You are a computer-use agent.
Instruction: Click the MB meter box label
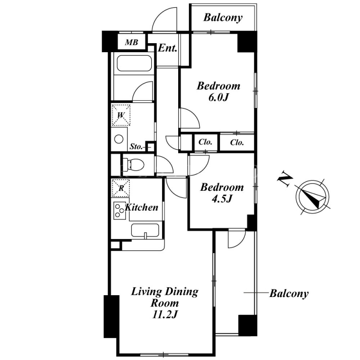pyautogui.click(x=131, y=42)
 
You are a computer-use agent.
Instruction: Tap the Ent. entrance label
pyautogui.click(x=167, y=48)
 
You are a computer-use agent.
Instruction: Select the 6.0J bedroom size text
pyautogui.click(x=219, y=98)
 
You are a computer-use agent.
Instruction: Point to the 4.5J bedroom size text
pyautogui.click(x=221, y=199)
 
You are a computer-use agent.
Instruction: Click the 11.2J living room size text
pyautogui.click(x=165, y=314)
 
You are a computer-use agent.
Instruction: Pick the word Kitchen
pyautogui.click(x=141, y=207)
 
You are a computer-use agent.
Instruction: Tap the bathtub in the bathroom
pyautogui.click(x=134, y=63)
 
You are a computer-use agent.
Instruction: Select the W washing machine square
pyautogui.click(x=121, y=115)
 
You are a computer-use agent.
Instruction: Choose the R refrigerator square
pyautogui.click(x=121, y=188)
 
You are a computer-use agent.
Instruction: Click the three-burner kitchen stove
pyautogui.click(x=120, y=211)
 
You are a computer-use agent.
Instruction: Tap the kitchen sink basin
pyautogui.click(x=145, y=230)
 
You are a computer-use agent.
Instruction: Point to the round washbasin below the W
pyautogui.click(x=119, y=139)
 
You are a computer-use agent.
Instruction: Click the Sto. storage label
pyautogui.click(x=136, y=147)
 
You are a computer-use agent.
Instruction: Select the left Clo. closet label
pyautogui.click(x=205, y=142)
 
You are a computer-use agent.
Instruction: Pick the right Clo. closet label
pyautogui.click(x=237, y=143)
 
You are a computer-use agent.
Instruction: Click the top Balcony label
pyautogui.click(x=223, y=18)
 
